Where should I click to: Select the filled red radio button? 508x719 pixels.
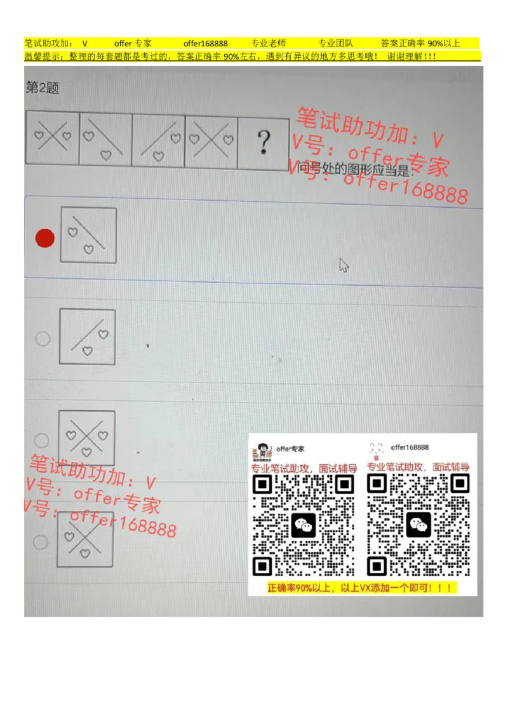45,238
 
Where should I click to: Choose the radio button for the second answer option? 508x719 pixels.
43,339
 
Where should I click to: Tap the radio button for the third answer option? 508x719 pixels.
41,440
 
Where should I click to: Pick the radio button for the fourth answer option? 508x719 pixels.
41,542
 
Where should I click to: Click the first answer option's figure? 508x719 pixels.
88,235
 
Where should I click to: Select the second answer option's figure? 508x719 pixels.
88,337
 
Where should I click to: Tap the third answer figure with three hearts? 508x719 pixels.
87,438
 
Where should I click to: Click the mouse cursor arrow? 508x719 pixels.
344,265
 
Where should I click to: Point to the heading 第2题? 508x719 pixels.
42,88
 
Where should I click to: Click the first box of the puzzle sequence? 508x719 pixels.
53,137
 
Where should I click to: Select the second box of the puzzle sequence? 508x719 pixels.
105,140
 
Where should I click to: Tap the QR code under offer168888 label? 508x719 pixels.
418,525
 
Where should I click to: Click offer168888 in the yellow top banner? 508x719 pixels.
206,43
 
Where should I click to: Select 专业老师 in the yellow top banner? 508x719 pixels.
268,43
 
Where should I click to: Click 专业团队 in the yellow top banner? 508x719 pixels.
335,43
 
